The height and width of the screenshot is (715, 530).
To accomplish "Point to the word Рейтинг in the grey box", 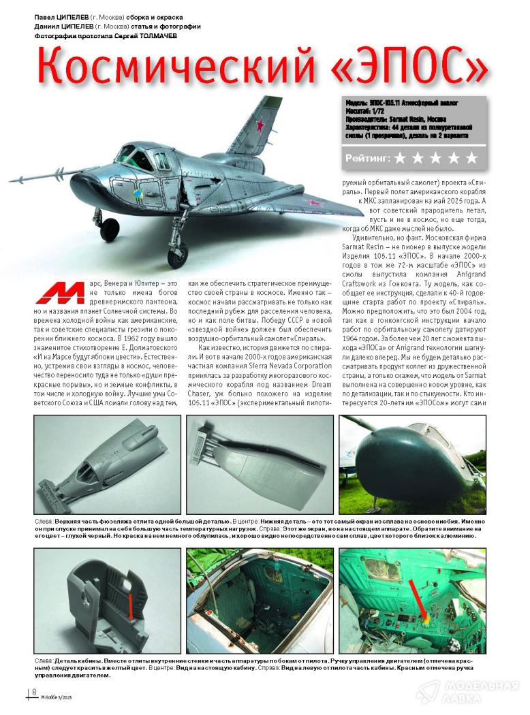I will pyautogui.click(x=368, y=159).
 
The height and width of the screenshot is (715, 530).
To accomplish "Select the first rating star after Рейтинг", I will pyautogui.click(x=400, y=159).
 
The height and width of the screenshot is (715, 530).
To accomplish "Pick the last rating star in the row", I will pyautogui.click(x=471, y=159).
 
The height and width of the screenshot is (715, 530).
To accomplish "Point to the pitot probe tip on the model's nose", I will pyautogui.click(x=12, y=180).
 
